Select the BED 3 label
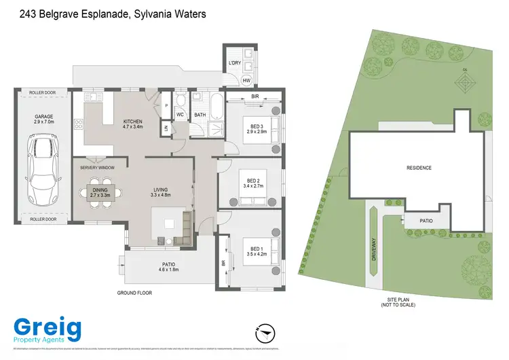click(x=256, y=126)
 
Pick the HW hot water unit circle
click(x=246, y=81)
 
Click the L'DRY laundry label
click(x=235, y=63)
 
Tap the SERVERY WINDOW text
click(x=97, y=167)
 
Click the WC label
click(x=181, y=115)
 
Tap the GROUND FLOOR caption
click(x=135, y=293)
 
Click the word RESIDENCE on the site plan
click(x=419, y=168)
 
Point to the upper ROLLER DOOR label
click(x=43, y=92)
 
